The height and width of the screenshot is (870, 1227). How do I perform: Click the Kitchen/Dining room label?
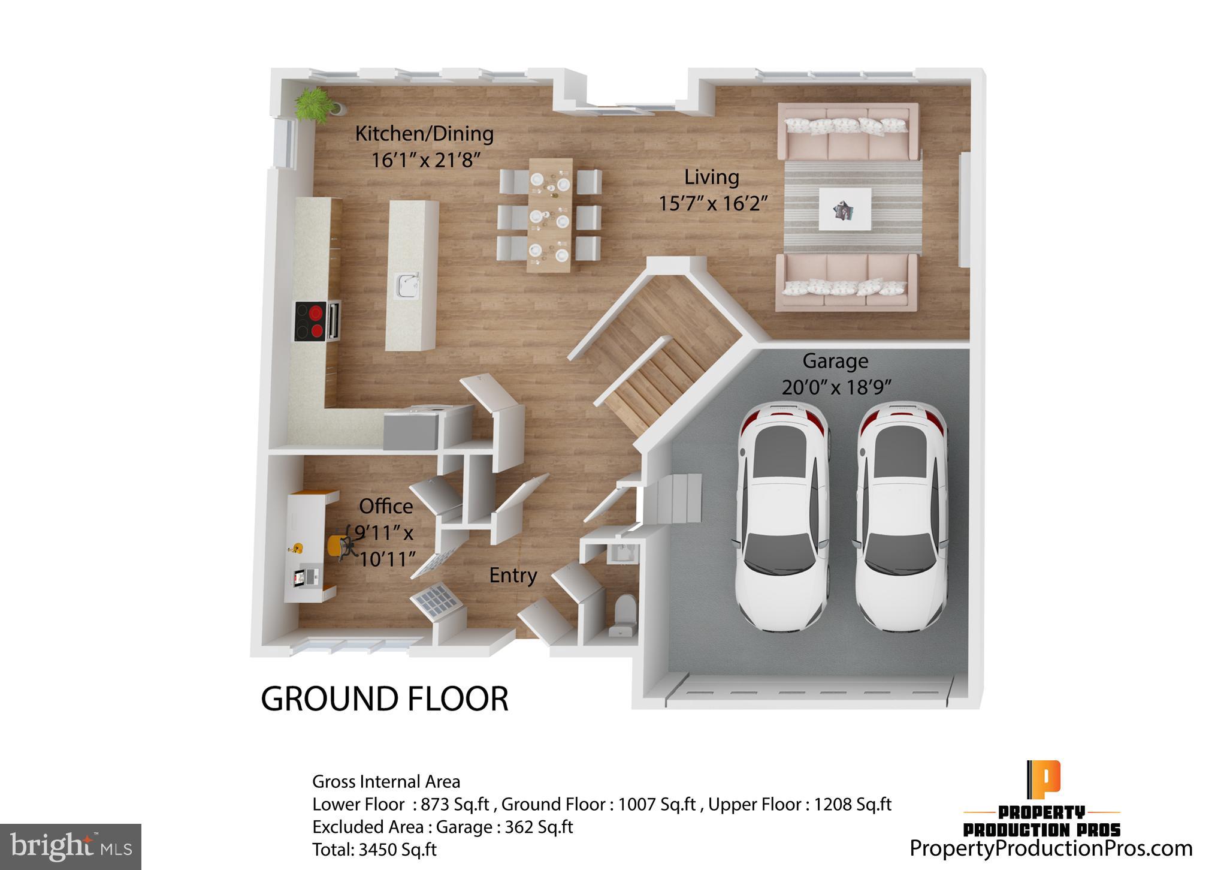point(424,134)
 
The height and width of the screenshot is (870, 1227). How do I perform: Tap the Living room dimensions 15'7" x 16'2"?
point(713,204)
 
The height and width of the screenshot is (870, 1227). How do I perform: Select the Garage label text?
point(835,361)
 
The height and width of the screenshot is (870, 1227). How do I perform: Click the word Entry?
point(513,576)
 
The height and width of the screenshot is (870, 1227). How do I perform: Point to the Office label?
point(386,507)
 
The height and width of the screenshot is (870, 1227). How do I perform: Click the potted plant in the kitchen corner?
point(313,104)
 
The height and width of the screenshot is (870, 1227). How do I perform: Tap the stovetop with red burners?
point(311,321)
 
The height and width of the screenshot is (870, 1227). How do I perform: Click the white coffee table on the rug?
point(845,209)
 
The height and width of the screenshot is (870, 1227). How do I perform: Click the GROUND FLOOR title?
point(385,699)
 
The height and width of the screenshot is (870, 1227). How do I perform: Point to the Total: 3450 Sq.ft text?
point(374,850)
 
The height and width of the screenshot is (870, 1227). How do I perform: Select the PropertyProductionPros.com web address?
point(1051,848)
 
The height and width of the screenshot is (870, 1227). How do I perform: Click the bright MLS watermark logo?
point(71,847)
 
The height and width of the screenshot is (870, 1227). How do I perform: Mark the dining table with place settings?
point(551,215)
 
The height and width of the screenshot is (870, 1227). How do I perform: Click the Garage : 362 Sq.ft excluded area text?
point(504,827)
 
